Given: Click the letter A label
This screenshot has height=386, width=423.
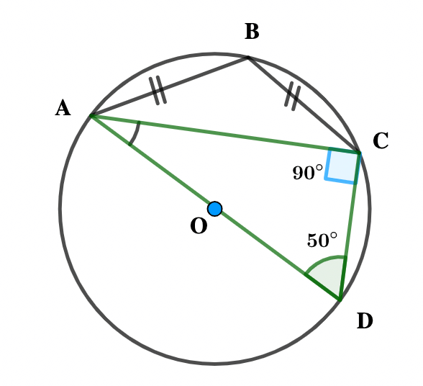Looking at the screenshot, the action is tap(63, 107).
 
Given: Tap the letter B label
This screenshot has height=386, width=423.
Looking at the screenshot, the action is tap(252, 32).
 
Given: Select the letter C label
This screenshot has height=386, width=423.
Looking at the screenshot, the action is tap(381, 140).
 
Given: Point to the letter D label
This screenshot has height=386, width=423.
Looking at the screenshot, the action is tap(365, 320).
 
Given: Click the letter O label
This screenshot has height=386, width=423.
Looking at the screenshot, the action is tap(199, 226).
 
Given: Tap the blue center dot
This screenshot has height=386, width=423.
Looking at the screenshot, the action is tap(215, 209).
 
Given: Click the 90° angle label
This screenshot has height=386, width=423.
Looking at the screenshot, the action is tap(308, 172).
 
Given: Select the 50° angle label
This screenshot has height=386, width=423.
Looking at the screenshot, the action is tap(322, 240).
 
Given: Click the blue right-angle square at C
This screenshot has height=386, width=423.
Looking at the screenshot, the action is tap(342, 166).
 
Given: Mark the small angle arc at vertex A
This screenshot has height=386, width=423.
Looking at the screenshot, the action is tap(136, 134).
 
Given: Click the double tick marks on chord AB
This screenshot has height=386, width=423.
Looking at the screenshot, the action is tap(158, 90).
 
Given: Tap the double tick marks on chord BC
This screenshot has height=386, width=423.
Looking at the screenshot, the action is tap(293, 96).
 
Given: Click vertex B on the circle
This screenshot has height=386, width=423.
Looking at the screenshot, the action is tap(248, 58).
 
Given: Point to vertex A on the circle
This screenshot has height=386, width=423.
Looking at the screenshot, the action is tap(92, 116).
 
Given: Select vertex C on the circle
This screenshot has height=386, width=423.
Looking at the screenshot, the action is tap(359, 153).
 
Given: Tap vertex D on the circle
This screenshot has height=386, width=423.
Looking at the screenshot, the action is tap(340, 300).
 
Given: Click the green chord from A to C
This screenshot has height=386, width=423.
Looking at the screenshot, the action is tap(225, 135).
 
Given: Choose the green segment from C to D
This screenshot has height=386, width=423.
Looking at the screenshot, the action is tap(350, 226).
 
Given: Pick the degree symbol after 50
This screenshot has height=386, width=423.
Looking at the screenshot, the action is tap(334, 235).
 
